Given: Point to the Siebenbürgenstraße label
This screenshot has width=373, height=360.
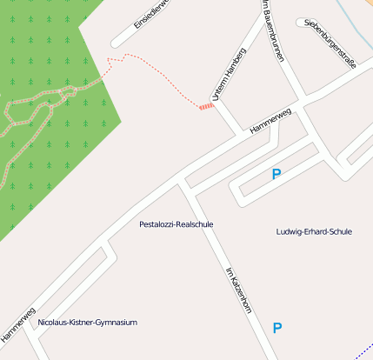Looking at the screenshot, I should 331,42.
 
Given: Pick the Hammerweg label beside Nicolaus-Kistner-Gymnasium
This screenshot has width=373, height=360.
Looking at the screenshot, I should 18,325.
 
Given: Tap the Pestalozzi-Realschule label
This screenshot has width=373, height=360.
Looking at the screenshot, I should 176,224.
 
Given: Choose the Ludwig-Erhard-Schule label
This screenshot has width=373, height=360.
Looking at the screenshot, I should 313,232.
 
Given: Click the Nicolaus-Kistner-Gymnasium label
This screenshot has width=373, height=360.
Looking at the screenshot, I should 88,323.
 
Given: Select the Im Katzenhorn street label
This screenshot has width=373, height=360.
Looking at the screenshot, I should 238,290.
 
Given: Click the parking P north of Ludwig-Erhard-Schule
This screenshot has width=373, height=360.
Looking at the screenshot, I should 276,175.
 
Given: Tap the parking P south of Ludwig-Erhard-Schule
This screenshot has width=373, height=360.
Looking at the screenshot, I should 277,328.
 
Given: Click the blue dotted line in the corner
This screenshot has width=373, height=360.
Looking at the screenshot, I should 363,350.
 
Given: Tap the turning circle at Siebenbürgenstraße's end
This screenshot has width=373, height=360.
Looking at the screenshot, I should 301,22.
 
